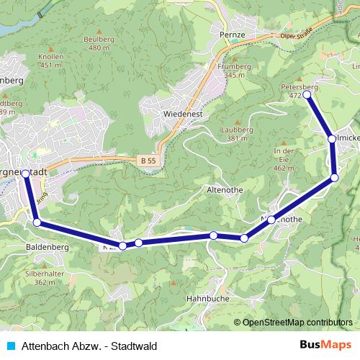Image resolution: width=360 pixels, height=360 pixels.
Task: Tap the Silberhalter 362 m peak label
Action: point(40,278)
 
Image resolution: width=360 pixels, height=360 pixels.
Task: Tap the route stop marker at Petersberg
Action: point(307,94)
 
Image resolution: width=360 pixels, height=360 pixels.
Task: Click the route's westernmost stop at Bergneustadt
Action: point(27,174)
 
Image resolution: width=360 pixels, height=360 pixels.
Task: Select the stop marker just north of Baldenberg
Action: point(37,223)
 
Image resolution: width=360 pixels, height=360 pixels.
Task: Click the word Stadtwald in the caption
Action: point(133,346)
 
